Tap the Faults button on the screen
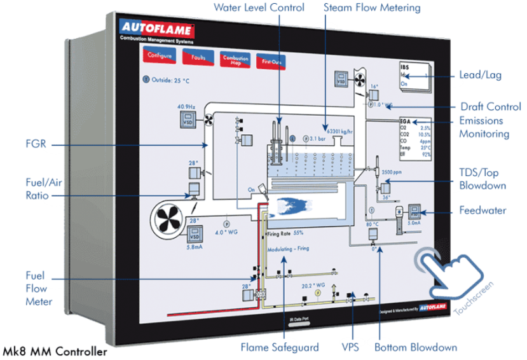coord(198,58)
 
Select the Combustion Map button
coord(235,60)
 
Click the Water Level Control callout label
coord(259,8)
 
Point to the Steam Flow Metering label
coord(372,8)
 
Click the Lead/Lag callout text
coord(480,75)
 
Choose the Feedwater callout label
coord(483,211)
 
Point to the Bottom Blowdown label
coord(416,347)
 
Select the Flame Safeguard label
coord(277,347)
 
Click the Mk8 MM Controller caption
coord(54,351)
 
